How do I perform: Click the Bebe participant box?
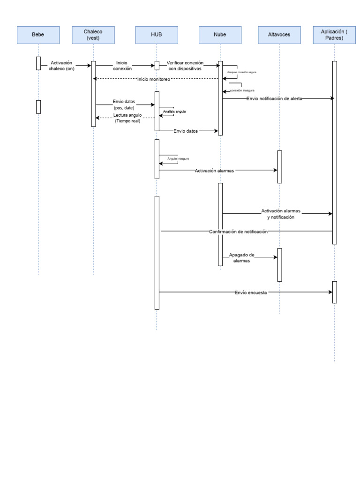click(38, 35)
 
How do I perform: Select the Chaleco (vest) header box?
click(93, 35)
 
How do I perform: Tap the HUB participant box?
click(157, 35)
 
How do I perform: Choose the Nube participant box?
click(219, 35)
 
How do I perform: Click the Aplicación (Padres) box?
click(334, 35)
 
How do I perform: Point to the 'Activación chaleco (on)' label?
click(61, 66)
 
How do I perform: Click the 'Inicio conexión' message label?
click(122, 66)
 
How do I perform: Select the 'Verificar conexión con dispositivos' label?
click(185, 66)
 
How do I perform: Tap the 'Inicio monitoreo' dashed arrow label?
click(154, 79)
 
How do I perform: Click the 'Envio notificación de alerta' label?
click(274, 99)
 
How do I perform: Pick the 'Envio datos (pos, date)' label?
click(124, 105)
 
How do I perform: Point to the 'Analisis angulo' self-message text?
click(174, 112)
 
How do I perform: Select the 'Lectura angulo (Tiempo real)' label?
click(127, 118)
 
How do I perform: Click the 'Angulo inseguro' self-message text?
click(179, 159)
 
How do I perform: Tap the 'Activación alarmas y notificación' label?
click(280, 214)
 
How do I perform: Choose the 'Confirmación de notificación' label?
click(238, 231)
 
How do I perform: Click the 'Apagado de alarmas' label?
click(241, 258)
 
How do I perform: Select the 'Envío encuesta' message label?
click(251, 292)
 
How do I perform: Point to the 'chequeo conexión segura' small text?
click(241, 73)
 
